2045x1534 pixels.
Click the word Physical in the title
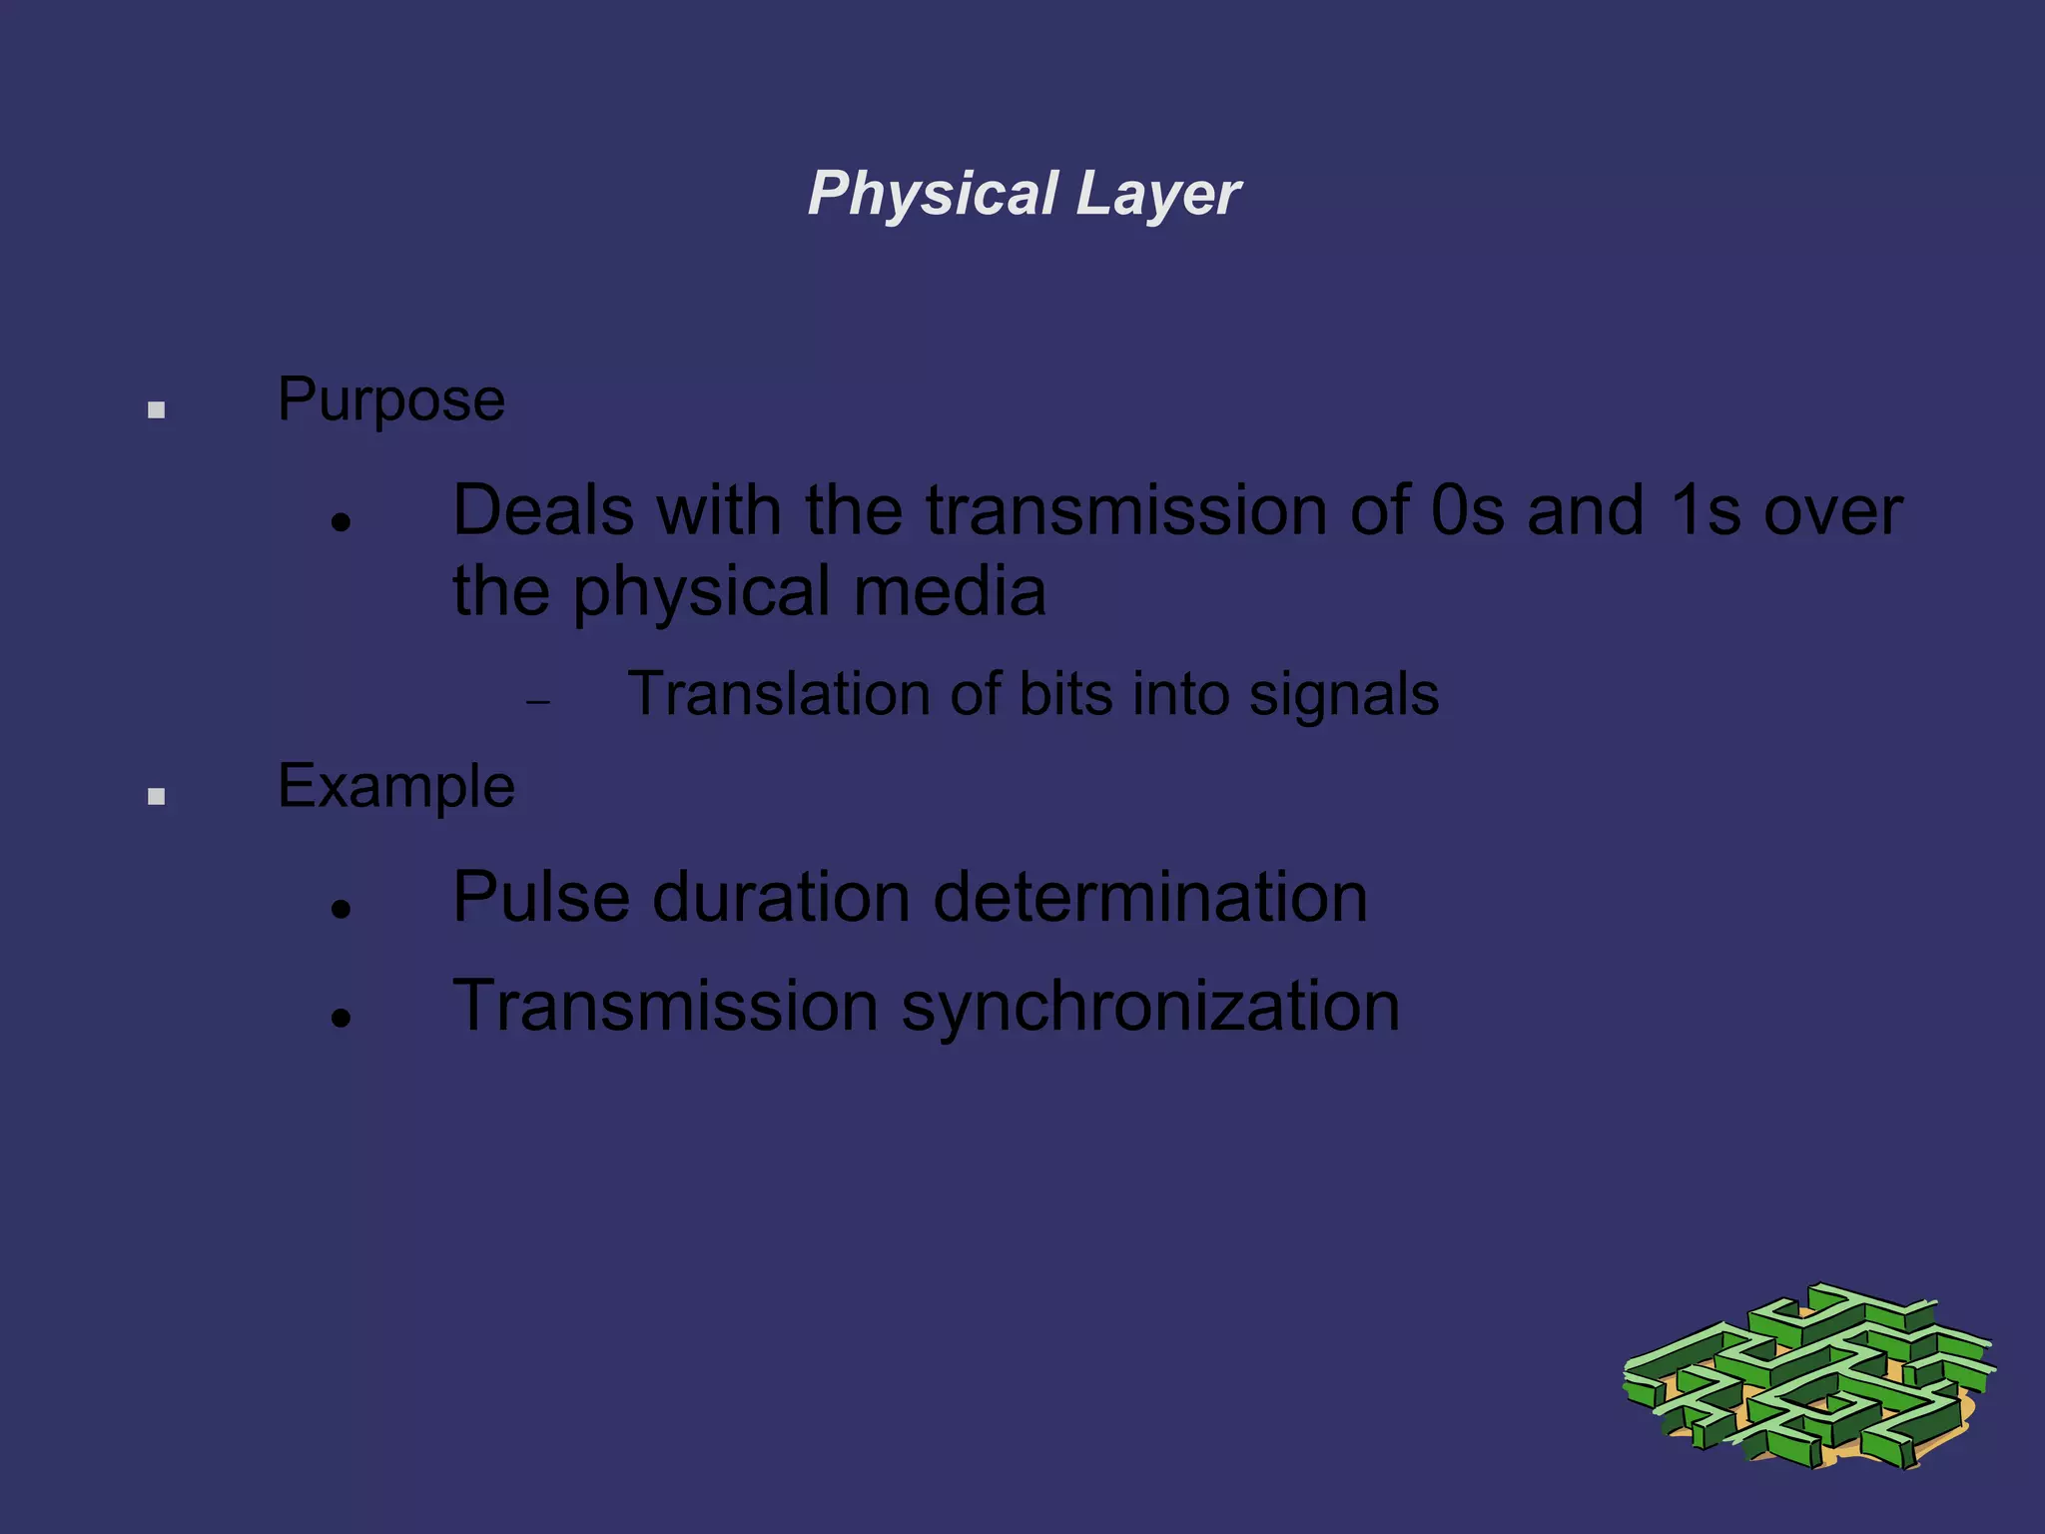click(x=933, y=193)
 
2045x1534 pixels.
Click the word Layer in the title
click(x=1158, y=193)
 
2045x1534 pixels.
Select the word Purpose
click(x=390, y=400)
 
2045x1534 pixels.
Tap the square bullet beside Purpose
click(x=156, y=409)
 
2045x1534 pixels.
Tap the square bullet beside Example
click(x=156, y=796)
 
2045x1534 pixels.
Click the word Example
click(x=395, y=787)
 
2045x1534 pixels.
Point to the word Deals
click(x=542, y=510)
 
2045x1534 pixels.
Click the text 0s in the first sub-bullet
click(x=1467, y=510)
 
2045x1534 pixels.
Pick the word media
click(x=950, y=591)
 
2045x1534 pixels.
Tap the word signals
click(x=1343, y=695)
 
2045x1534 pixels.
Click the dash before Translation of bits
click(x=538, y=702)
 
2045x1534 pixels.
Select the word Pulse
click(x=540, y=897)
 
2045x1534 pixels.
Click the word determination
click(x=1149, y=897)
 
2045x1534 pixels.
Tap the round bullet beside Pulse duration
click(x=341, y=909)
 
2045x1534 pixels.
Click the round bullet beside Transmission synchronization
click(x=341, y=1018)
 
